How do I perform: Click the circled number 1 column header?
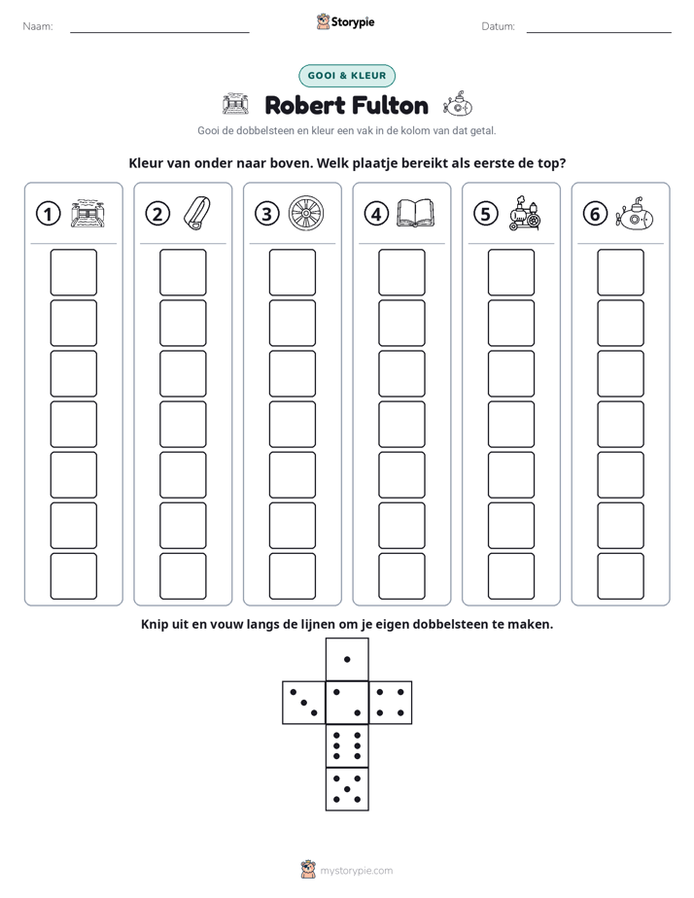[48, 214]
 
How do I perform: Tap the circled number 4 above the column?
[376, 214]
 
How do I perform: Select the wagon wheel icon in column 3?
[306, 214]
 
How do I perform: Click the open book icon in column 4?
[416, 213]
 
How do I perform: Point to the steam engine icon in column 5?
[524, 214]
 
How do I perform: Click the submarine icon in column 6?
[634, 214]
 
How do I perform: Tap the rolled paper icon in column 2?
[197, 214]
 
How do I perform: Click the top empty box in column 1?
[73, 272]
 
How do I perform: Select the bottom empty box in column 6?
[620, 576]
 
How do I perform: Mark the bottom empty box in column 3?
[292, 576]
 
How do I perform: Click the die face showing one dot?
[347, 660]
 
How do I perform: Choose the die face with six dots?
[347, 745]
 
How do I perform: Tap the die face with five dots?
[347, 789]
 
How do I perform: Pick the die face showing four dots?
[391, 703]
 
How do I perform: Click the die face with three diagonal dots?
[304, 703]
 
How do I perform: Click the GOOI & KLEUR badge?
[347, 76]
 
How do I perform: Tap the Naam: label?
[38, 26]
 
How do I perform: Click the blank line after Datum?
[599, 32]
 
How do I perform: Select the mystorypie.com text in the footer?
[356, 871]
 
